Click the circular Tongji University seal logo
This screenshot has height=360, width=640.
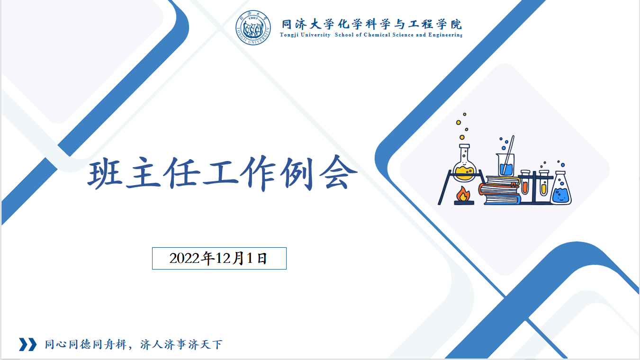click(x=253, y=28)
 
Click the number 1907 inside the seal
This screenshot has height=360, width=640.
click(x=253, y=18)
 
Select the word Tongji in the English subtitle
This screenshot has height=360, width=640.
click(x=289, y=35)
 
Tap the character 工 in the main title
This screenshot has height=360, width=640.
click(x=221, y=172)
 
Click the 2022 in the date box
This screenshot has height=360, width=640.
click(x=184, y=258)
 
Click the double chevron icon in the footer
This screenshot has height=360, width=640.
click(x=28, y=344)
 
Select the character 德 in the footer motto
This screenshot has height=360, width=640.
click(x=85, y=344)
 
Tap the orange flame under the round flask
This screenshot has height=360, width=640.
click(x=463, y=194)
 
